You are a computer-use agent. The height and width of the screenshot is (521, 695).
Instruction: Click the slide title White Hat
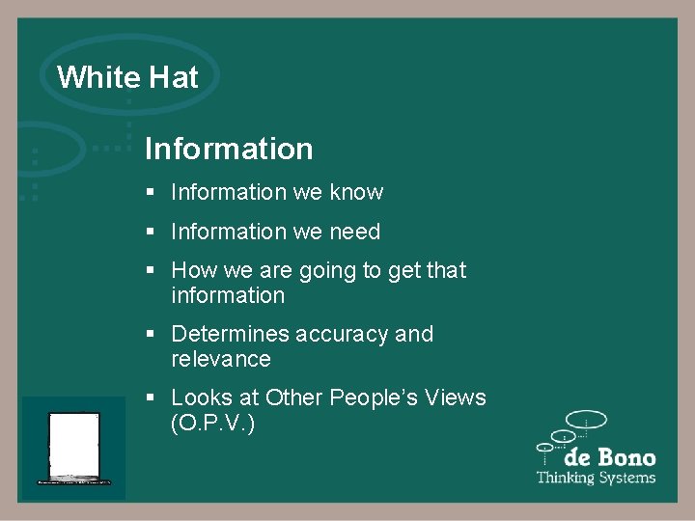(127, 77)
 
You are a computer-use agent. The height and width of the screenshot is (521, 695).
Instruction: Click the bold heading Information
(229, 149)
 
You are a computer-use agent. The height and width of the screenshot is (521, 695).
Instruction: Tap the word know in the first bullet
(356, 193)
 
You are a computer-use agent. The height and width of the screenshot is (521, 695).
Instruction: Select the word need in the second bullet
(354, 233)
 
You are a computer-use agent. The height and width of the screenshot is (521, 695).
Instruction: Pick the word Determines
(230, 335)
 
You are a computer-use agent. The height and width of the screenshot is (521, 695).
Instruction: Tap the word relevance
(220, 360)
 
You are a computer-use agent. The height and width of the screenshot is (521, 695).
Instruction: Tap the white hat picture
(74, 448)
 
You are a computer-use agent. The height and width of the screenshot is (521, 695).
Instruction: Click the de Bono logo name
(610, 457)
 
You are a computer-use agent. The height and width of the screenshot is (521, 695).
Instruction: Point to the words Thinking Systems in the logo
(596, 478)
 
